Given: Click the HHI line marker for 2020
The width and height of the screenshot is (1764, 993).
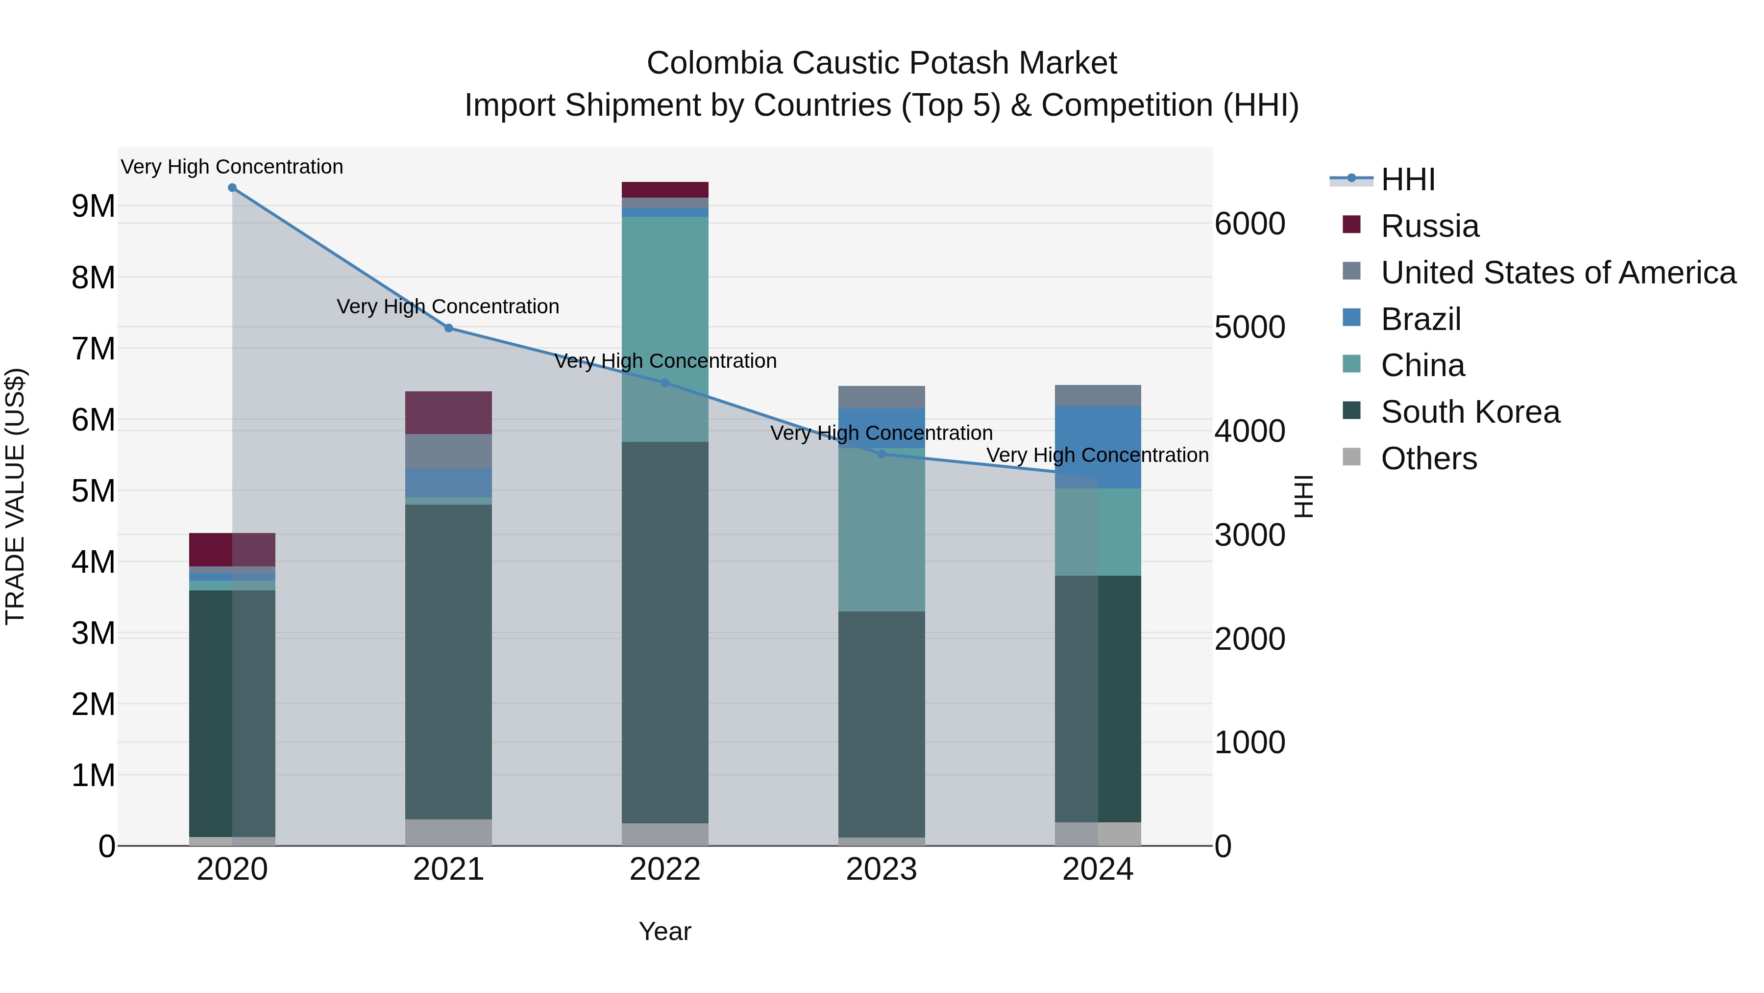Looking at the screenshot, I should coord(232,188).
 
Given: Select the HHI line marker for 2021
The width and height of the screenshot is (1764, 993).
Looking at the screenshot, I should coord(448,328).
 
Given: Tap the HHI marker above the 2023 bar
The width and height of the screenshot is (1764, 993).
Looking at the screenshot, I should coord(882,454).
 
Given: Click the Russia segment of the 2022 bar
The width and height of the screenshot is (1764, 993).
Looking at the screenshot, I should coord(664,190).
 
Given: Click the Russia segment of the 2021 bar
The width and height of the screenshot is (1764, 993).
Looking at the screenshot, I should coord(448,412).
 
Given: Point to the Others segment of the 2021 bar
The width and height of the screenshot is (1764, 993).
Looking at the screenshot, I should coord(448,832).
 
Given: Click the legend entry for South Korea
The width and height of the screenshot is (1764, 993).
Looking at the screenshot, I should coord(1470,412).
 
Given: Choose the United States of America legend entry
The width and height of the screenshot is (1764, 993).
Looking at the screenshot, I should coord(1558,273).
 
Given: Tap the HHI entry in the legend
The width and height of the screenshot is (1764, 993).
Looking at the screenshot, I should coord(1407,179).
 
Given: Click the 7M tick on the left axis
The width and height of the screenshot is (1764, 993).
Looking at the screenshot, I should coord(94,349).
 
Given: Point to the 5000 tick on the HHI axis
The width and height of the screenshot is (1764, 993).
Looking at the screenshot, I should coord(1249,328).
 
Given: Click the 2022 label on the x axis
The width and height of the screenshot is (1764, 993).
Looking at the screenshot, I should coord(664,869).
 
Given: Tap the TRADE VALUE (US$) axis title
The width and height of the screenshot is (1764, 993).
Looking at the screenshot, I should coord(15,496).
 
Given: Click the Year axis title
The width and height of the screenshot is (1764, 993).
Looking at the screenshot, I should coord(664,931).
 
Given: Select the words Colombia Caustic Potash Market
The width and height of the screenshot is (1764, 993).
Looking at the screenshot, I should coord(882,63).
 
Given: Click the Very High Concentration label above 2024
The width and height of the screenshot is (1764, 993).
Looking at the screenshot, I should coord(1097,455).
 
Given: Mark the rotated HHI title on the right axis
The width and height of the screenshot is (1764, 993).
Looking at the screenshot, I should coord(1304,496).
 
